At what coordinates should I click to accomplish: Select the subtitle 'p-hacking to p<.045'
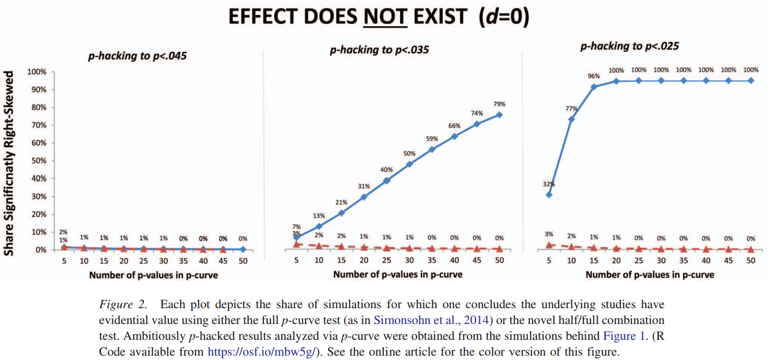(x=138, y=55)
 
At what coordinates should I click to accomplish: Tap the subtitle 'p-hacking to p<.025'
(x=630, y=46)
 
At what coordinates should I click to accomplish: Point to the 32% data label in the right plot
(x=548, y=184)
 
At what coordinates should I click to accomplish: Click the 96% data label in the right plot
(x=593, y=77)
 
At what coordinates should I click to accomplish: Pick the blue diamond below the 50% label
(x=409, y=164)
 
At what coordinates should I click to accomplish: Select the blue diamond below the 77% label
(x=571, y=119)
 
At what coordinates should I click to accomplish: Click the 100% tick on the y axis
(x=37, y=72)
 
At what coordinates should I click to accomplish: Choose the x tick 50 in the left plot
(x=243, y=261)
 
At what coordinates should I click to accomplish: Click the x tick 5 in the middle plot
(x=297, y=261)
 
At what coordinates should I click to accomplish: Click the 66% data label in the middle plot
(x=455, y=125)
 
